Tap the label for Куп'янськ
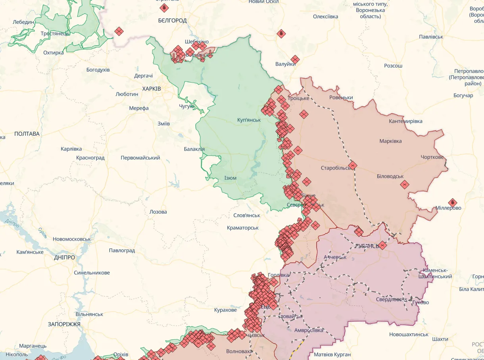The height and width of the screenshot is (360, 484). (x=249, y=120)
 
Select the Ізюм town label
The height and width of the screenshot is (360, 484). (x=230, y=178)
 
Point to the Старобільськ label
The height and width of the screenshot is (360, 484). (x=336, y=168)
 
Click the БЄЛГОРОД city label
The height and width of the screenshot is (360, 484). (x=172, y=21)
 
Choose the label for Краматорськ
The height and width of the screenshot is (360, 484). (x=243, y=228)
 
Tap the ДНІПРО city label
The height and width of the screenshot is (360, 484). (x=64, y=257)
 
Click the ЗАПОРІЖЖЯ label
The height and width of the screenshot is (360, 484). (x=64, y=324)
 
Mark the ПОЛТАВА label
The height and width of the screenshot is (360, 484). (x=27, y=134)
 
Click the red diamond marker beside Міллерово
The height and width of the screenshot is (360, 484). (x=452, y=202)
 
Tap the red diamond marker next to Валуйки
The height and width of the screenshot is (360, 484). (x=295, y=60)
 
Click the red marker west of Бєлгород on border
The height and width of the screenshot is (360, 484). (x=119, y=31)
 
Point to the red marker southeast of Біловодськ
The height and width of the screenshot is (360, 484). (x=404, y=184)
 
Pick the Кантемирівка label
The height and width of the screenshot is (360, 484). (x=405, y=121)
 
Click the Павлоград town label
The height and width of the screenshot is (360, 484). (x=122, y=250)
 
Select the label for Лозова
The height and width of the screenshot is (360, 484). (x=158, y=212)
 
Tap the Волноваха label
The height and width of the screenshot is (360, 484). (x=239, y=351)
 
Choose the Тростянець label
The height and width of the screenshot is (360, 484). (x=55, y=33)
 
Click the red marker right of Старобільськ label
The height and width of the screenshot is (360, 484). (x=352, y=166)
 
